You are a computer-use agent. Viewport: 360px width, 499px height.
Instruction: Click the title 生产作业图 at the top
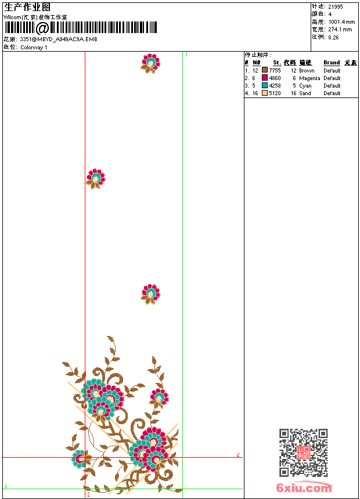[27, 7]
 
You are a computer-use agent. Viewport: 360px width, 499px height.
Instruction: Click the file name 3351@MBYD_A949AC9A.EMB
[59, 39]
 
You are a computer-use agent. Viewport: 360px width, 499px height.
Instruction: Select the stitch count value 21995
[336, 6]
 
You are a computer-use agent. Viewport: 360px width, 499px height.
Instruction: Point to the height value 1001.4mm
[341, 21]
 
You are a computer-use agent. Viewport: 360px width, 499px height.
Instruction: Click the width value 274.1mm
[340, 29]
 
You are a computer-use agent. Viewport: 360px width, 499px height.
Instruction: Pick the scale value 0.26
[333, 37]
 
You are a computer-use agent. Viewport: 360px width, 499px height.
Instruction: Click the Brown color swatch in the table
[265, 70]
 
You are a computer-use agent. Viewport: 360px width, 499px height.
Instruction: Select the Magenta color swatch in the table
[265, 78]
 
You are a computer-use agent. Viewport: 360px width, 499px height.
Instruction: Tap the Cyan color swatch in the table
[265, 85]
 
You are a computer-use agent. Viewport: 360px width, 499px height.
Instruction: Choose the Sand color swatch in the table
[265, 93]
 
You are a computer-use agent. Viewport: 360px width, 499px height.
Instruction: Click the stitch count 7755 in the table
[275, 70]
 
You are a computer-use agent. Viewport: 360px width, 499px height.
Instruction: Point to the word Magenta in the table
[309, 78]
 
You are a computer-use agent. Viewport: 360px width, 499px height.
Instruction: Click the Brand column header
[332, 63]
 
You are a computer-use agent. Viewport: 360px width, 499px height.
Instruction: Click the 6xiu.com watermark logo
[304, 488]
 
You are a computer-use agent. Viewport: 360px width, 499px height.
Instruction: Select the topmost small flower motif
[150, 63]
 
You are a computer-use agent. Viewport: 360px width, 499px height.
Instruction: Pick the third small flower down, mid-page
[150, 294]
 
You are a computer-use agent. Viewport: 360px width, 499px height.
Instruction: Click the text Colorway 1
[34, 48]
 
